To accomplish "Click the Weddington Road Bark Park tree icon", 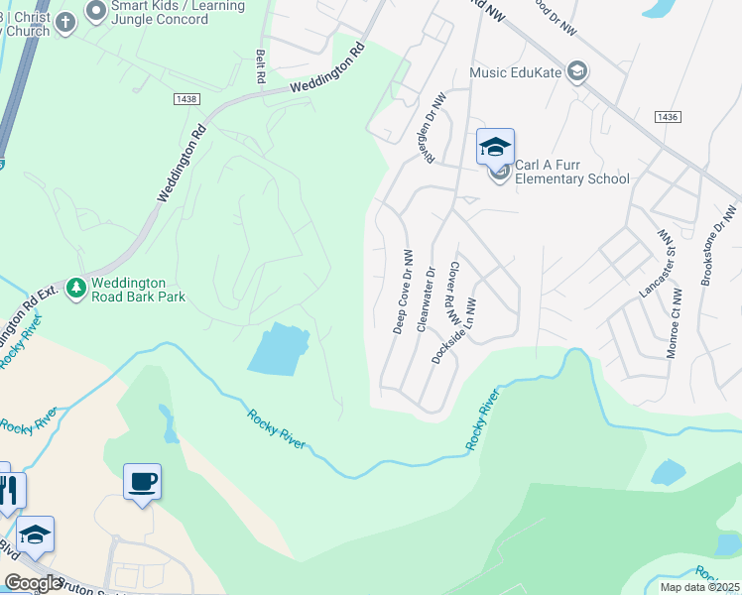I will click(x=75, y=289).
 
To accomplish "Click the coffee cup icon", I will click(x=142, y=482).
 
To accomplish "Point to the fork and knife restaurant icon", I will click(x=10, y=490).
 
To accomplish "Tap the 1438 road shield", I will click(x=185, y=99).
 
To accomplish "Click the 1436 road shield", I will click(x=668, y=117).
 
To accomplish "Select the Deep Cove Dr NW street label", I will click(x=404, y=291).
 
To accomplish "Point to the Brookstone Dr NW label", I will click(x=719, y=245).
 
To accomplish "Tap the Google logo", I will click(x=33, y=583).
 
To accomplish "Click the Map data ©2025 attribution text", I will click(x=699, y=587).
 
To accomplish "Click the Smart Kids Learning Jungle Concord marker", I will click(x=96, y=12).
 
